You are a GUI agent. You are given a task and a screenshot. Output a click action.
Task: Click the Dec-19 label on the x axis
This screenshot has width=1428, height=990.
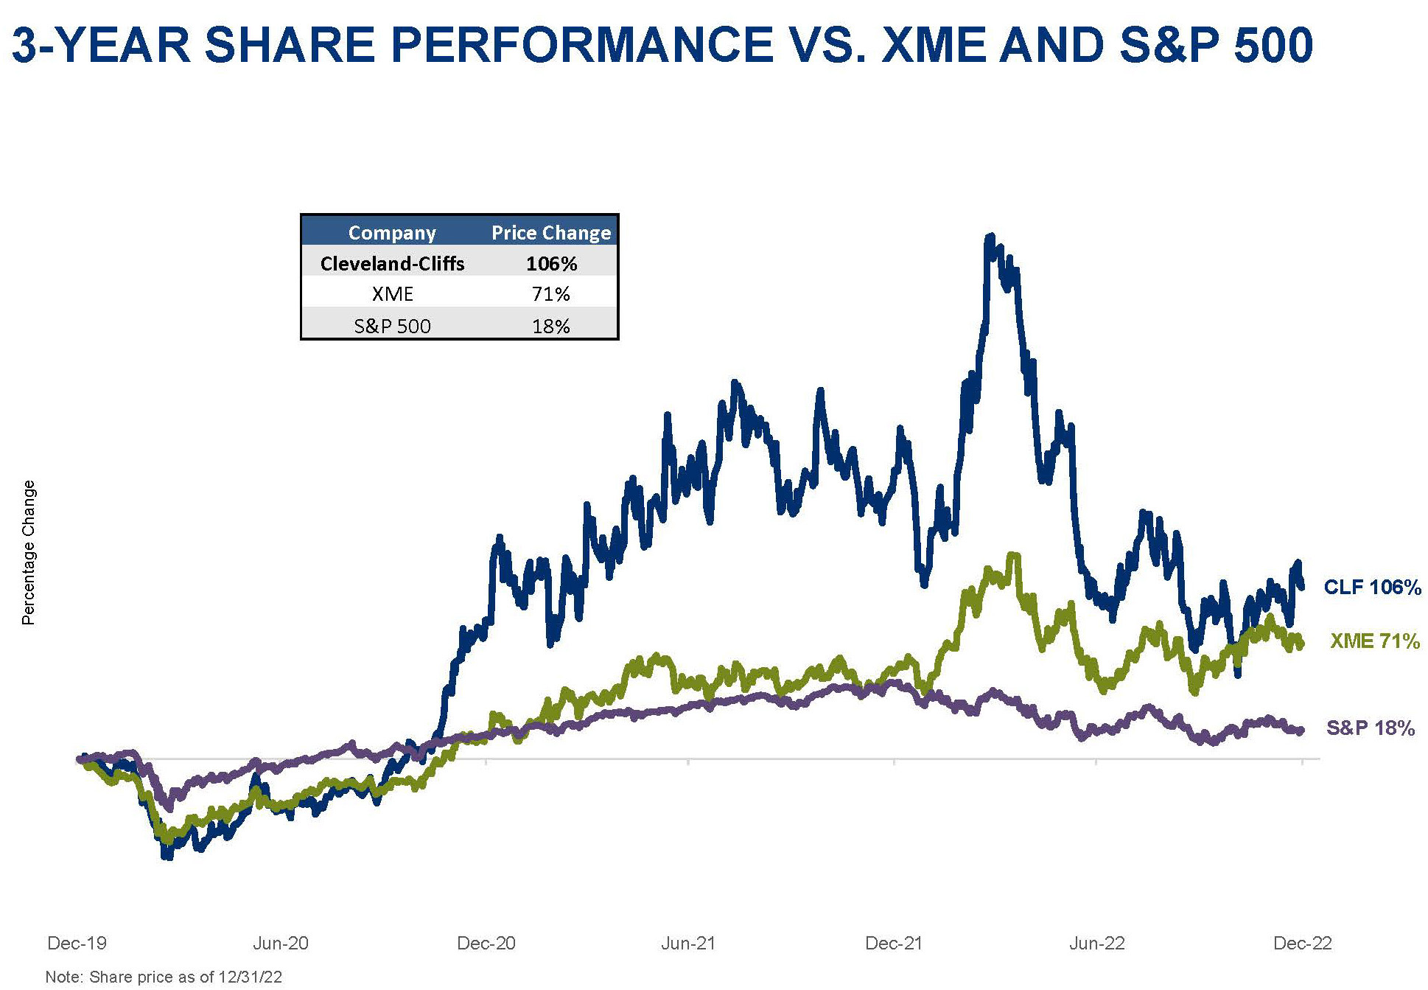point(77,944)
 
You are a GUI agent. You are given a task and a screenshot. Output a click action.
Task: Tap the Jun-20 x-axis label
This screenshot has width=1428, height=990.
point(281,944)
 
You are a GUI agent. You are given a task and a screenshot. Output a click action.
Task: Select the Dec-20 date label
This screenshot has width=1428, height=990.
point(486,944)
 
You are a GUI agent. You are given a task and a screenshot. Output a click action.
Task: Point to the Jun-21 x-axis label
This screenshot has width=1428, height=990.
point(688,944)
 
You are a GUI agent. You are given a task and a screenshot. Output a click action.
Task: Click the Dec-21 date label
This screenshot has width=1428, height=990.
point(894,944)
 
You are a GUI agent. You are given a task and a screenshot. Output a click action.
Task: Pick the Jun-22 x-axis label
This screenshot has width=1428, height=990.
point(1097,944)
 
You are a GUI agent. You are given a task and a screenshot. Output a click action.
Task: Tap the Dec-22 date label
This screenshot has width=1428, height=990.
point(1303,944)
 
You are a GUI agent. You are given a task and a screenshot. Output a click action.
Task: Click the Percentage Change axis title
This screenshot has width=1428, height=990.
point(29,553)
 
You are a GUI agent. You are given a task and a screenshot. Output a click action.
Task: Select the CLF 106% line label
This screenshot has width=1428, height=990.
point(1372,588)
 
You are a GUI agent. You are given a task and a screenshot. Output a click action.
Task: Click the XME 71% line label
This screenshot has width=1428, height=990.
point(1374,642)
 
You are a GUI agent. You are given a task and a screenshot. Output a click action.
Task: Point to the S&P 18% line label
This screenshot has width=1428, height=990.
point(1370,729)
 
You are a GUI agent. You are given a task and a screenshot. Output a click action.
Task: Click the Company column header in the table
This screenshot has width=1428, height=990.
point(392,233)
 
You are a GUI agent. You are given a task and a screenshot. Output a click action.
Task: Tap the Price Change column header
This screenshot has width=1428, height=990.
point(551,233)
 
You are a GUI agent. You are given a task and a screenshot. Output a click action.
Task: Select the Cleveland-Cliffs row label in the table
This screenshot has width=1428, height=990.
point(392,264)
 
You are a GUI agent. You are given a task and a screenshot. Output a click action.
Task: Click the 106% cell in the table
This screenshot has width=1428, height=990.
point(551,264)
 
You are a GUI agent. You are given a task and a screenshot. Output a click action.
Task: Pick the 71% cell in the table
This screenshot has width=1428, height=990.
point(551,295)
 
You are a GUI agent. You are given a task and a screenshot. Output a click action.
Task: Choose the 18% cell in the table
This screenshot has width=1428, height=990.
point(551,326)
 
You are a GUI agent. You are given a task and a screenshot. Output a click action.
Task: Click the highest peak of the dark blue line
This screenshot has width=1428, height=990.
point(990,237)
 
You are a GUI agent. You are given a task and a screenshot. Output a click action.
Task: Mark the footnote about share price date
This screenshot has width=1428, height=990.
point(164,977)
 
